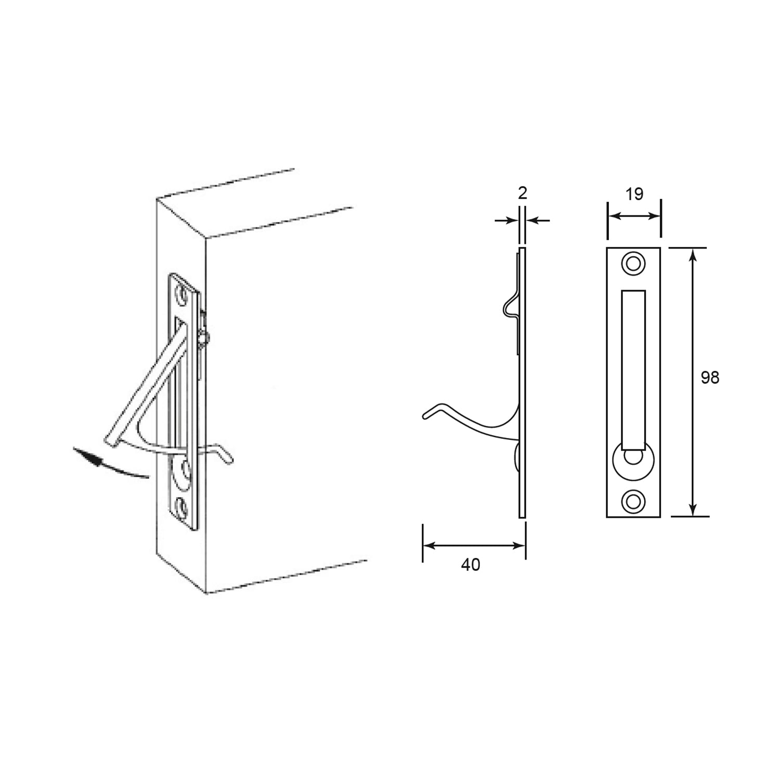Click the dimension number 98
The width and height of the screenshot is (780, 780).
[709, 377]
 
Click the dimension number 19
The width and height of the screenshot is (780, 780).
[634, 194]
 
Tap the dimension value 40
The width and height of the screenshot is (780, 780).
[471, 565]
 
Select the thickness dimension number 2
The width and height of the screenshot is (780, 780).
[523, 193]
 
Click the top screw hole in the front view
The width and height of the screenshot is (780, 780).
[633, 263]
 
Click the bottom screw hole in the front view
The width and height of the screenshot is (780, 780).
[633, 501]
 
